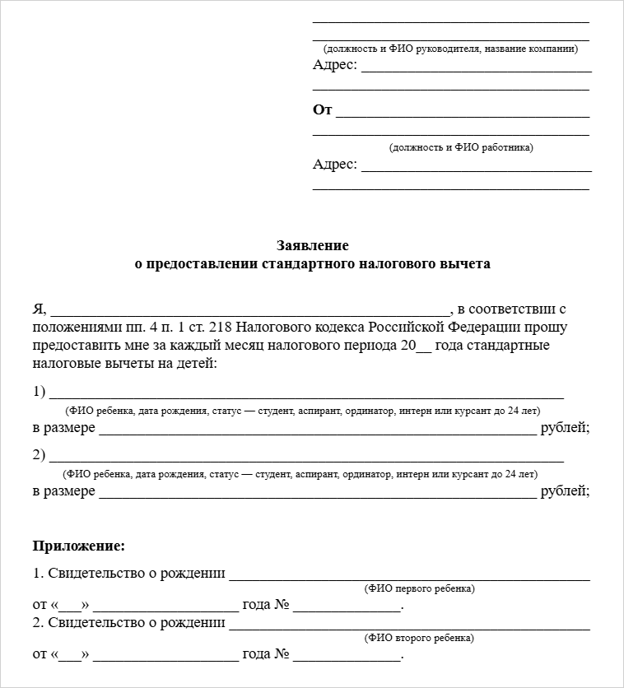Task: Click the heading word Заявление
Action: tap(312, 245)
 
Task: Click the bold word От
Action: tap(322, 109)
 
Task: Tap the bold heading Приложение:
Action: tap(79, 545)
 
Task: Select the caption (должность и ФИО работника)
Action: tap(461, 147)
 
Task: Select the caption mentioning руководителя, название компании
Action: tap(451, 49)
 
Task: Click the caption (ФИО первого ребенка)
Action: tap(419, 588)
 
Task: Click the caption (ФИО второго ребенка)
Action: tap(419, 638)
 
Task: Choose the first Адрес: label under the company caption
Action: tap(335, 65)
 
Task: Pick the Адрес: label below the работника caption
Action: tap(335, 164)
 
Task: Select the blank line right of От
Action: tap(463, 115)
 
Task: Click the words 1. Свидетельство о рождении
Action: tap(129, 574)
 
